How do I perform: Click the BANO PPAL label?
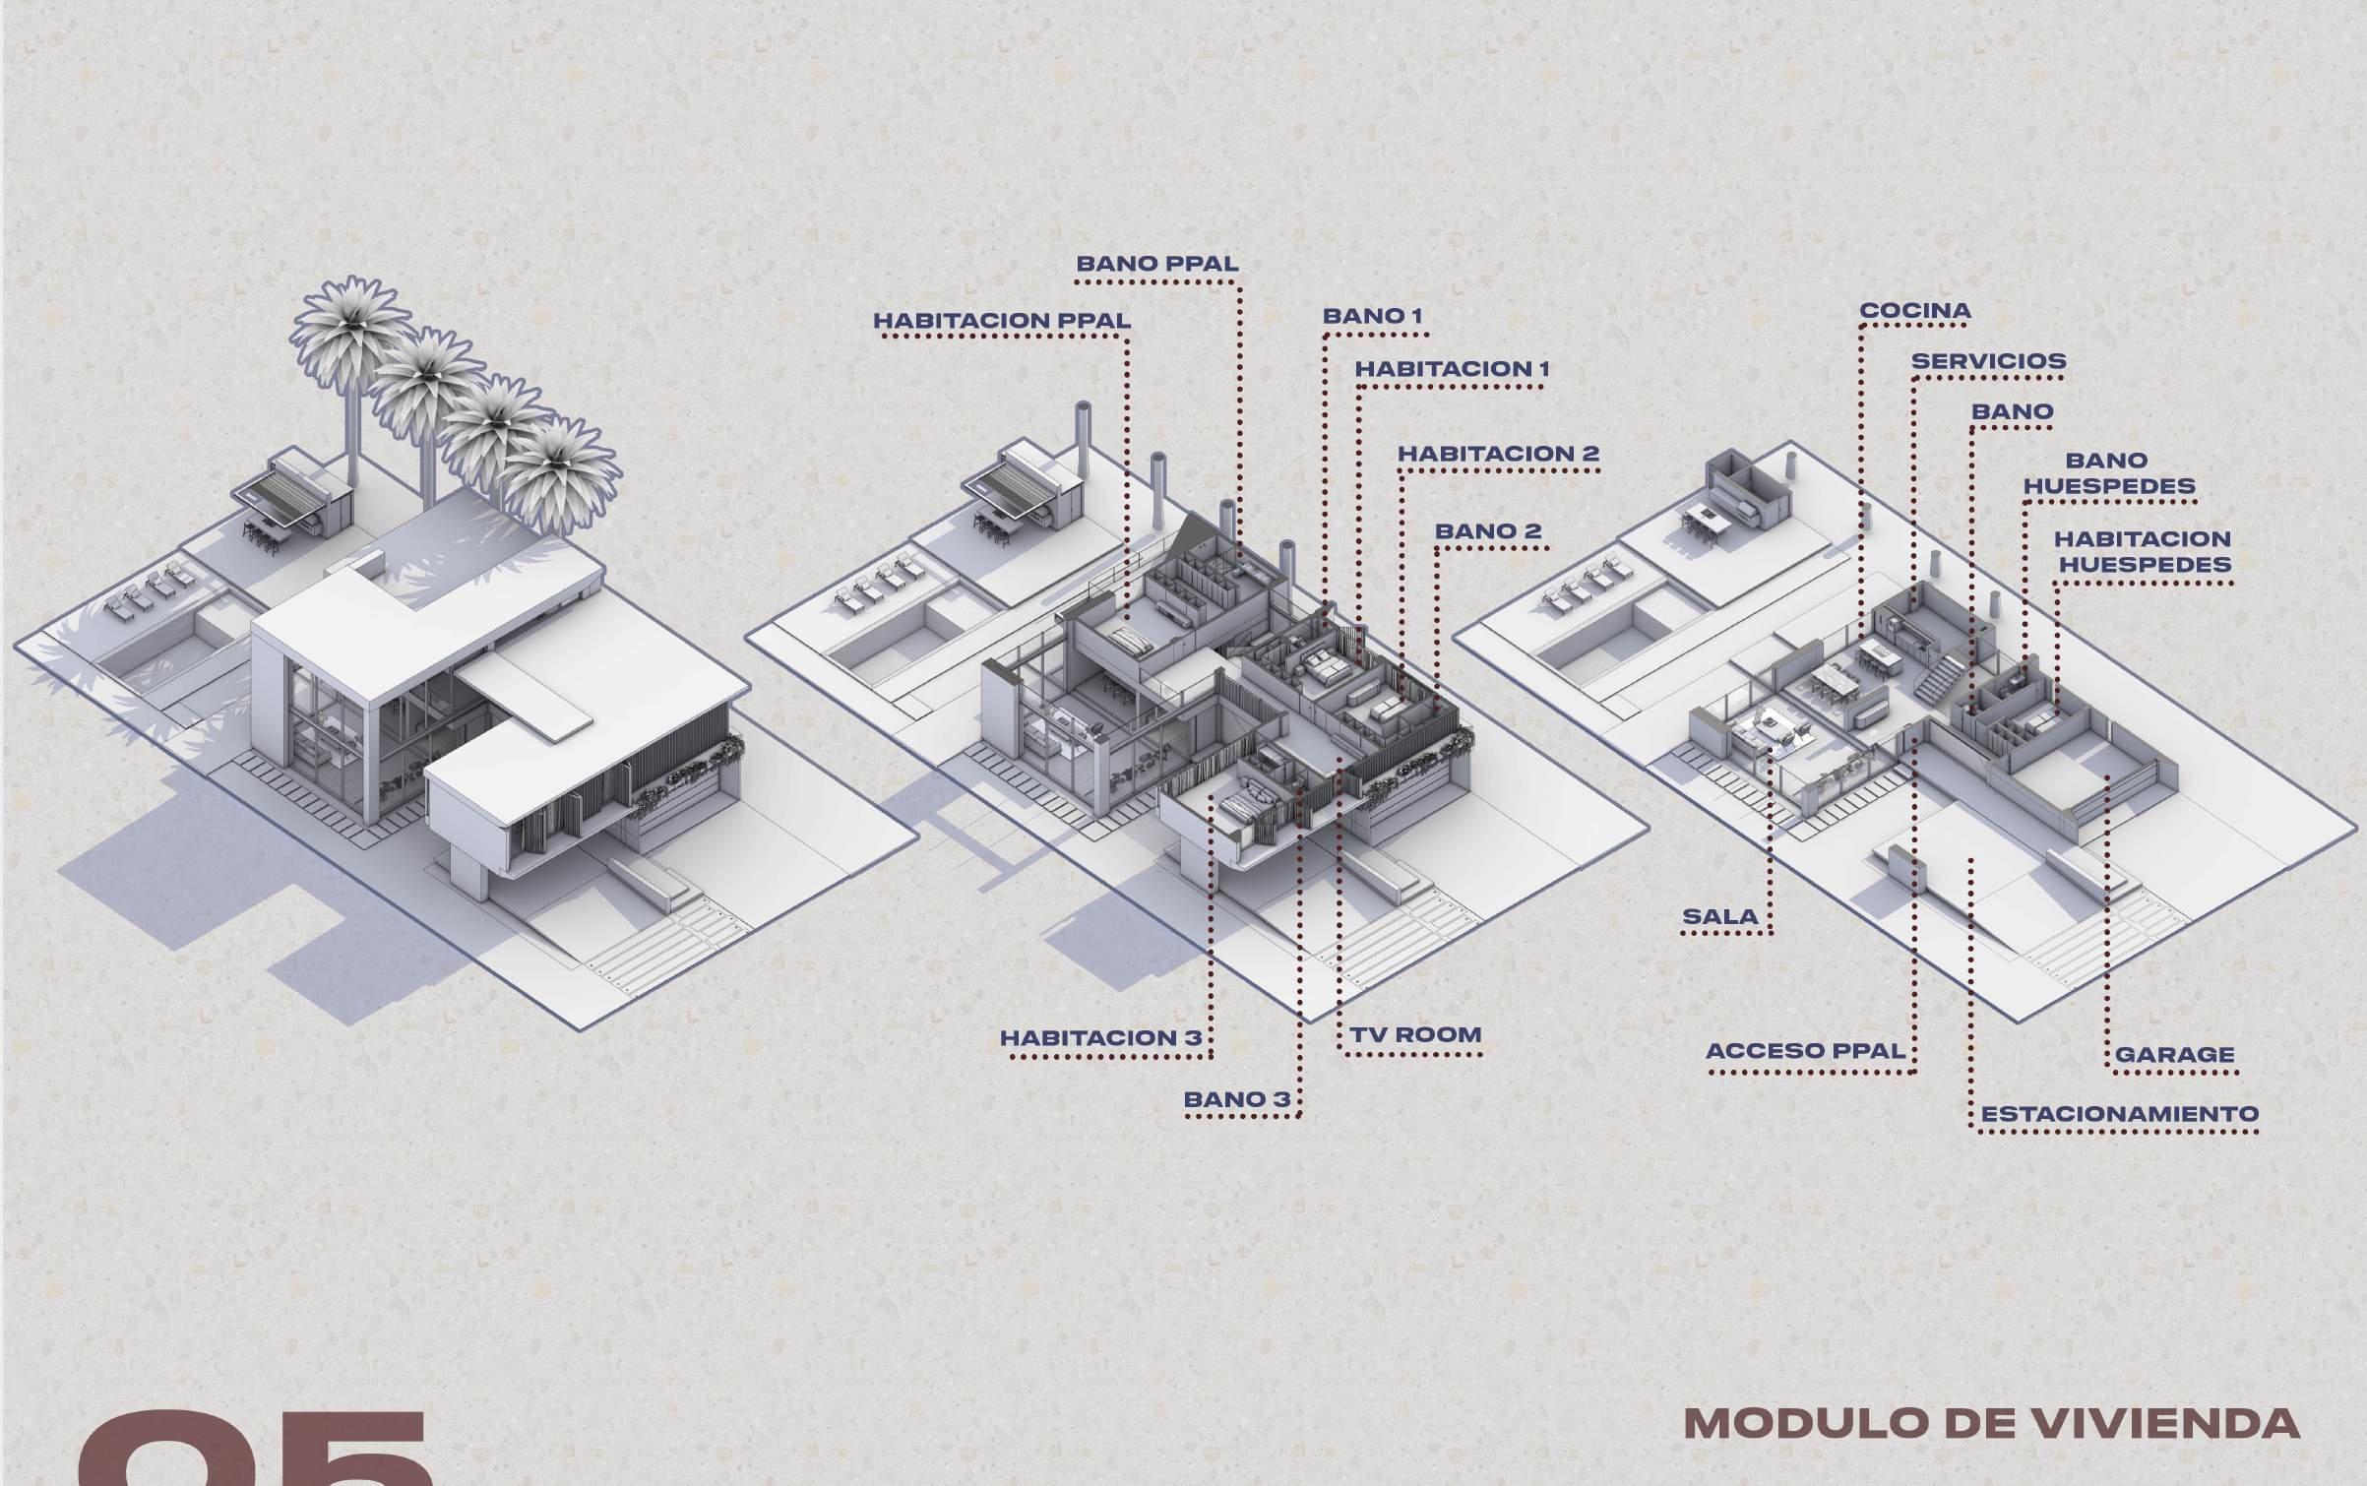coord(1156,264)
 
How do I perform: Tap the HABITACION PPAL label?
coord(1002,321)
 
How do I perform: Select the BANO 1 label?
coord(1372,316)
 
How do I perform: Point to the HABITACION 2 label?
coord(1498,454)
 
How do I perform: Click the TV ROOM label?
coord(1415,1035)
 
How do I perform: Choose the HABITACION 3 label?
coord(1100,1038)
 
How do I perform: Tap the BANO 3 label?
coord(1236,1099)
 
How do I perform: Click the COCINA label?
coord(1914,311)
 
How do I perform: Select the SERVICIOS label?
coord(1988,361)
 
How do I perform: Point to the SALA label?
coord(1719,917)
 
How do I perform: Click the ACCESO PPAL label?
coord(1805,1051)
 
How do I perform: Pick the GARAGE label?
coord(2174,1055)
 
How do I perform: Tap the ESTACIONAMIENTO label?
coord(2119,1115)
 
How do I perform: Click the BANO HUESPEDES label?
coord(2108,473)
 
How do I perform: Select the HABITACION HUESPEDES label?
coord(2141,552)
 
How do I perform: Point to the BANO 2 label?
coord(1487,531)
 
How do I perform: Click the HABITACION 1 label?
coord(1452,369)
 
